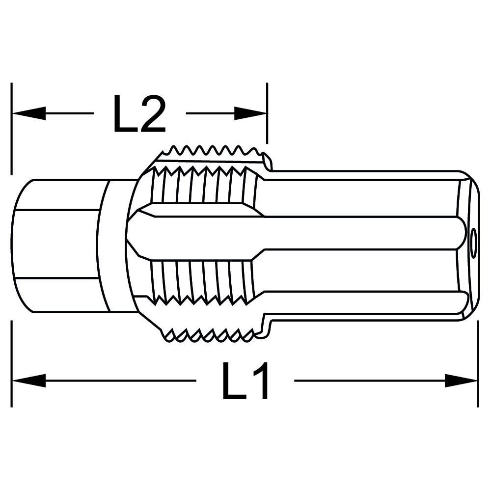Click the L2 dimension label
(139, 113)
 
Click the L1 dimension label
(245, 381)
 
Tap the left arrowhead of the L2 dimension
(29, 113)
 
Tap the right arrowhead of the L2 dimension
(250, 113)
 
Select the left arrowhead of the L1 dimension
(29, 381)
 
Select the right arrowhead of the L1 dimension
(461, 381)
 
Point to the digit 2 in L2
(152, 113)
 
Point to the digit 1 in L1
(259, 381)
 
